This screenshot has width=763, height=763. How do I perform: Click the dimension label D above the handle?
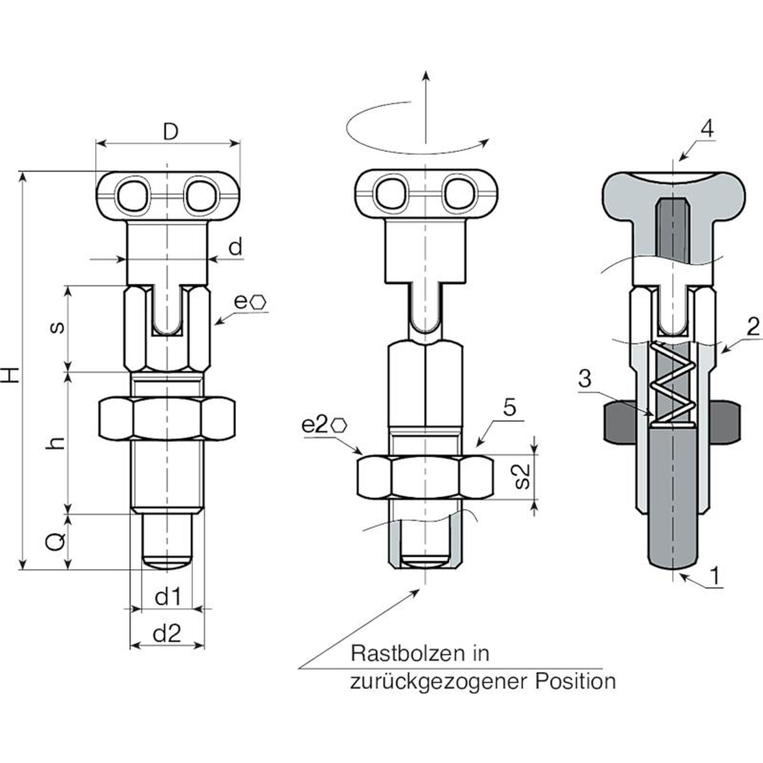(170, 132)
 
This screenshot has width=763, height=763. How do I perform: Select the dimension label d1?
(168, 597)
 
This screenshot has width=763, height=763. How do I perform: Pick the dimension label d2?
(167, 633)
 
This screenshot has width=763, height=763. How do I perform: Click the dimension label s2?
(523, 476)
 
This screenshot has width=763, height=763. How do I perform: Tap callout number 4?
(707, 129)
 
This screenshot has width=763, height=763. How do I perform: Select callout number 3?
(585, 379)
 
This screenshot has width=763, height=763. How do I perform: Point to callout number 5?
(510, 408)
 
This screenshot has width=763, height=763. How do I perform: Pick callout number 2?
(753, 327)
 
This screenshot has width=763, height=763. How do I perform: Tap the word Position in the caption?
(575, 681)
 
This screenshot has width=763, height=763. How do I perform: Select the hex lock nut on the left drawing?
(166, 417)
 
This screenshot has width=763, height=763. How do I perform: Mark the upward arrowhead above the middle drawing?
(425, 76)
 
